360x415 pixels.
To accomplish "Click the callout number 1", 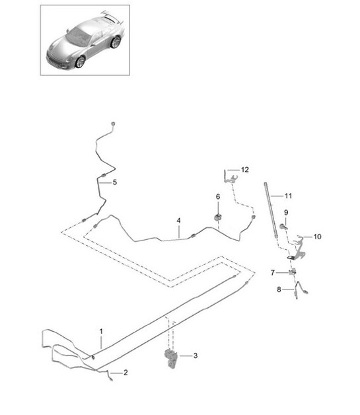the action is point(101,331).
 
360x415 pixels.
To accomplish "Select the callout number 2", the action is point(126,373).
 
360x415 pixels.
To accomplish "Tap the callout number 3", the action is point(196,356).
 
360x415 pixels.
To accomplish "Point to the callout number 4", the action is point(179,221).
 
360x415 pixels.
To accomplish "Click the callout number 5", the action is point(114,182).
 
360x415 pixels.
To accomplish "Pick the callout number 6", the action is point(218,197).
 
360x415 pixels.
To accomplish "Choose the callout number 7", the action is point(273,273).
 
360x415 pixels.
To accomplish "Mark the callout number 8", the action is point(279,289).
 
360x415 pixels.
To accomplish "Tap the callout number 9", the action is point(286,212).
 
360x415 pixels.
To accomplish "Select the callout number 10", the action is point(317,237).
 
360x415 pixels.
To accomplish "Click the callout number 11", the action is point(288,196).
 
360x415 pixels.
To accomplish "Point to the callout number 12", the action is point(245,169).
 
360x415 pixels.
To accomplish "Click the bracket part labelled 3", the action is point(171,358).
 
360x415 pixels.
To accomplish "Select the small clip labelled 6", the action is point(218,217).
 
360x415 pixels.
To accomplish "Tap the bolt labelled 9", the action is point(283,226).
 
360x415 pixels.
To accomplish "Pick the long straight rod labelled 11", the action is point(271,210).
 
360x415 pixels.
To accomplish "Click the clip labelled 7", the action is point(292,272).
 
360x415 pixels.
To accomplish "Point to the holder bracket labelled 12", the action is point(230,178).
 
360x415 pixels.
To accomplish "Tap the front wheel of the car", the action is point(80,61).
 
